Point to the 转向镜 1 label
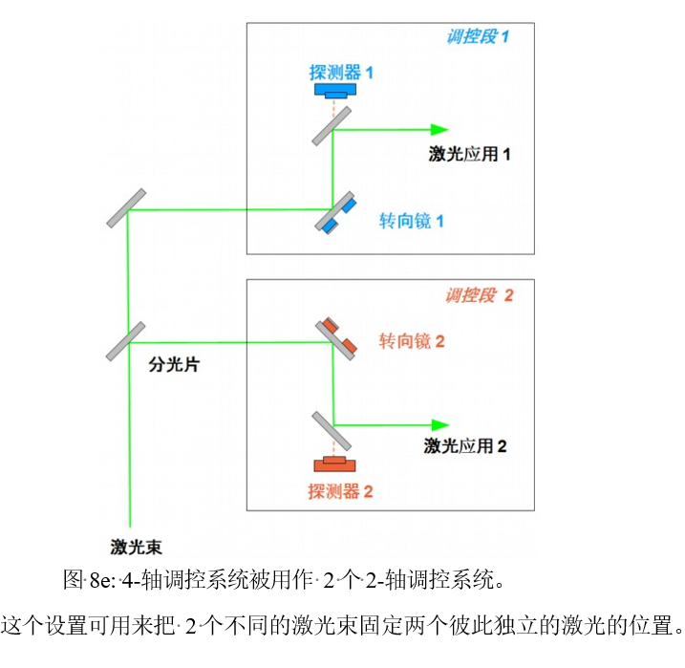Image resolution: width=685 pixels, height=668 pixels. (x=412, y=221)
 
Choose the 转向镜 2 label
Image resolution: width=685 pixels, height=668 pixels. (x=412, y=340)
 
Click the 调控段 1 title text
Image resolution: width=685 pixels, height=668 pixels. (x=478, y=37)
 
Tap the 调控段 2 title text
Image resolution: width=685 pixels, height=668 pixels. (x=479, y=295)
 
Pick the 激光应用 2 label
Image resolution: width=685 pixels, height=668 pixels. (x=465, y=445)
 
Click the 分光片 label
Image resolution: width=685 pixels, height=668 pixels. (x=174, y=365)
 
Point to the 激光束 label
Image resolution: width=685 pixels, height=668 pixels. (x=136, y=548)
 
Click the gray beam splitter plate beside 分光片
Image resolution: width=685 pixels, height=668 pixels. (x=127, y=341)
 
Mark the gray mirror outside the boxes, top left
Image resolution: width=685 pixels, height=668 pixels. (x=127, y=208)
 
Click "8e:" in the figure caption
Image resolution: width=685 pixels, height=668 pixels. (x=102, y=579)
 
